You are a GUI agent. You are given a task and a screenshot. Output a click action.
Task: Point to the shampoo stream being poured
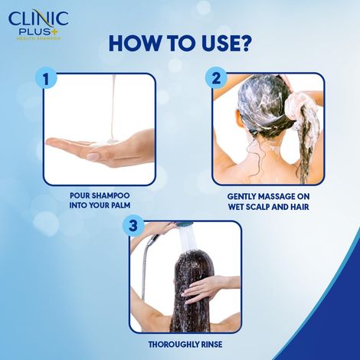click(x=113, y=107)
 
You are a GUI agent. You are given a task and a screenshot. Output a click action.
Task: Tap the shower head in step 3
click(x=184, y=224)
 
